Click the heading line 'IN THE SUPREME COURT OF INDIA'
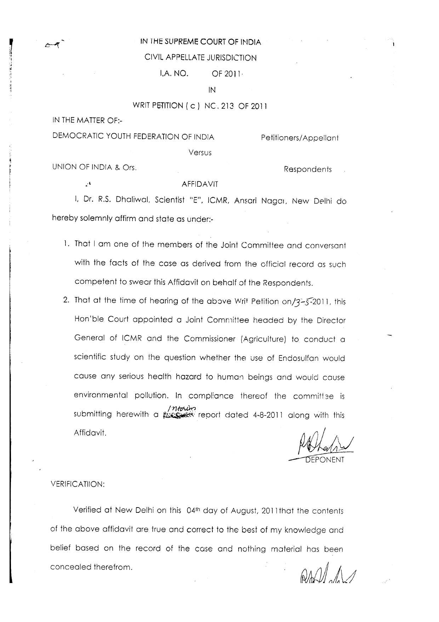tap(201, 42)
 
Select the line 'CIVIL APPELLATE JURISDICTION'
tap(201, 58)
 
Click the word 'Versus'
tap(200, 153)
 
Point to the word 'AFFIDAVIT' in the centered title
tap(200, 184)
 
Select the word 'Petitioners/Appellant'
tap(300, 138)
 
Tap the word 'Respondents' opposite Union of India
tap(308, 169)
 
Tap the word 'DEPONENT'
tap(325, 460)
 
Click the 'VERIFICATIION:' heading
tap(78, 484)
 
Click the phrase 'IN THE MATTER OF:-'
tap(87, 120)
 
